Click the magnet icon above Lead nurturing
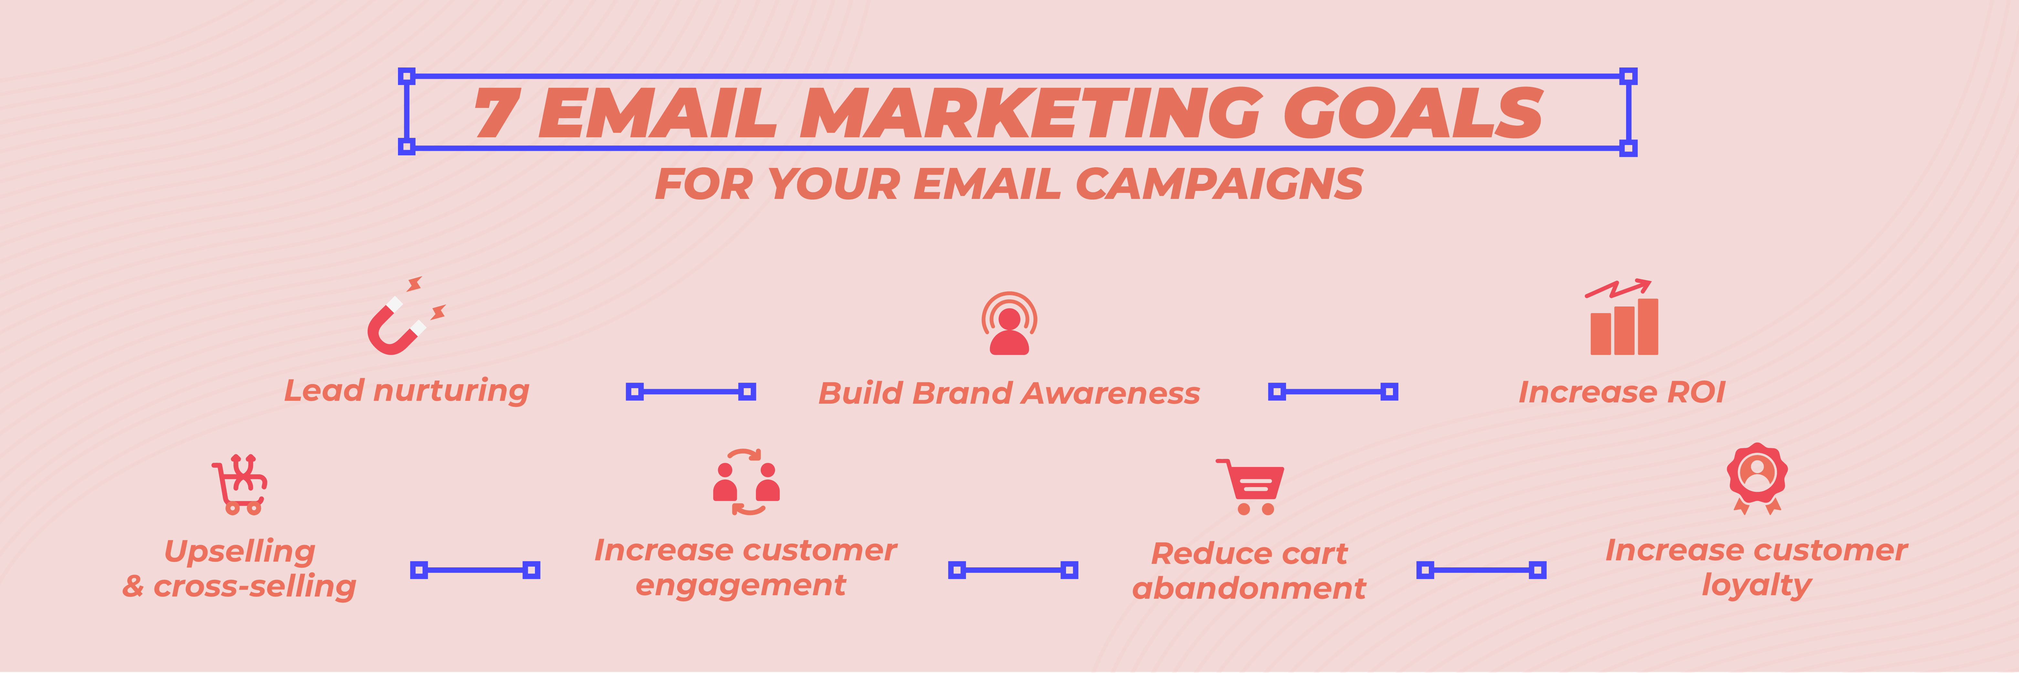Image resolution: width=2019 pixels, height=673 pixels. click(404, 320)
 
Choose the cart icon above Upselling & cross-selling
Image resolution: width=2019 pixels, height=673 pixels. click(241, 484)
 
